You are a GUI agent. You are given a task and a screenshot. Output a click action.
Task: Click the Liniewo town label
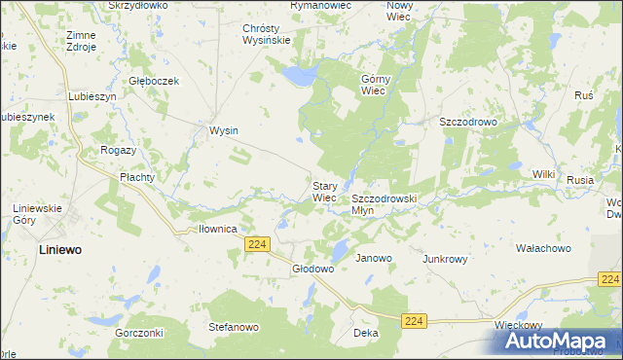[47, 249]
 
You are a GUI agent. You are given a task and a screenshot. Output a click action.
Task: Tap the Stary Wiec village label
[324, 191]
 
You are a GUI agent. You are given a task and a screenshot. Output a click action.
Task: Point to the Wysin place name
[225, 130]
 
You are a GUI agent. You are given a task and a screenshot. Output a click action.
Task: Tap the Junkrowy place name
[446, 259]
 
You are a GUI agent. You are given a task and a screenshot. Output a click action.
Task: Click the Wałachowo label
[543, 249]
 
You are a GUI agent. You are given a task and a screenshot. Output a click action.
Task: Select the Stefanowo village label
[234, 327]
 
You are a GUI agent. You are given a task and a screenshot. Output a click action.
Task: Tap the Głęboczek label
[155, 81]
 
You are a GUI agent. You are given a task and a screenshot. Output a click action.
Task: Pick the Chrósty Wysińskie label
[267, 34]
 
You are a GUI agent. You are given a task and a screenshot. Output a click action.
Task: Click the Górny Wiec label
[375, 85]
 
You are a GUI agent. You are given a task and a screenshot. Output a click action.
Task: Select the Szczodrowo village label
[468, 122]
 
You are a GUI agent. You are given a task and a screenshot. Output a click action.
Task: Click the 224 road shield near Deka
[415, 320]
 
